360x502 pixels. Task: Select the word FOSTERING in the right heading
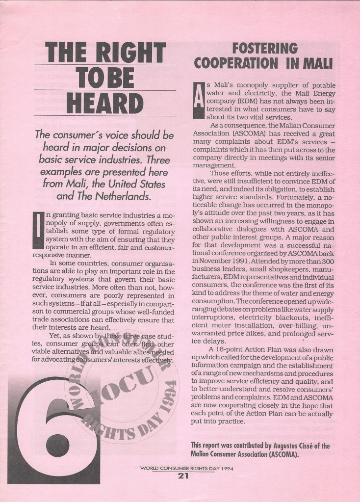tap(265, 48)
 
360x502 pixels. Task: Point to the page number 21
tap(183, 476)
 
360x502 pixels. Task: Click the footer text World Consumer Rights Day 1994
tap(183, 468)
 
